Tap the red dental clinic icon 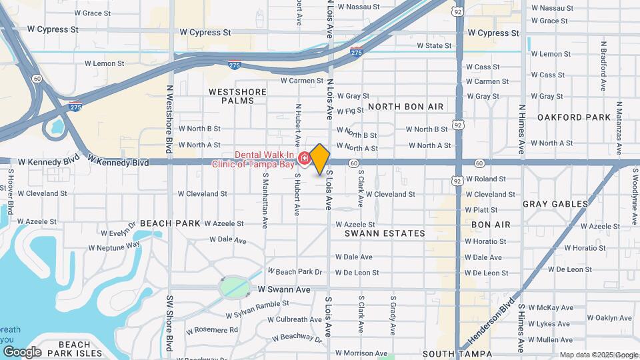tap(304, 158)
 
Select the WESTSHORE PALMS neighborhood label tap(237, 96)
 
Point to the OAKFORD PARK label tap(573, 117)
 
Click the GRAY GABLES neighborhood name tap(555, 204)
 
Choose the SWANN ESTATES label tap(385, 233)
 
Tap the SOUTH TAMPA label tap(457, 354)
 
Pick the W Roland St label tap(486, 179)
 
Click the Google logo tap(21, 352)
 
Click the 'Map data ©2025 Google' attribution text tap(599, 355)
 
